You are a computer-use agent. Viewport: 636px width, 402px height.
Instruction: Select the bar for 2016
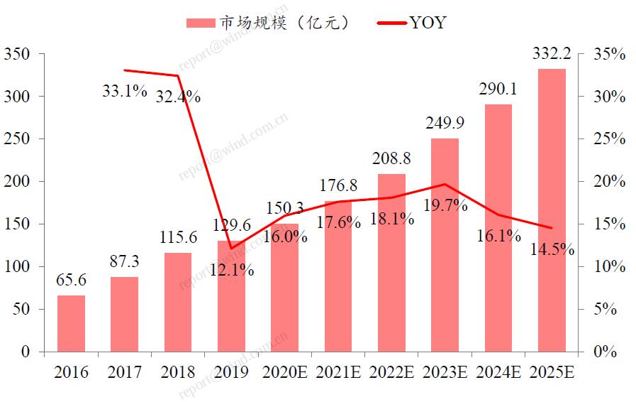click(71, 323)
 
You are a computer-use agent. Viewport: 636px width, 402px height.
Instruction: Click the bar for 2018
click(177, 302)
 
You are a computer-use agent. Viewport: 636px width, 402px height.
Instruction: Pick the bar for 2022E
click(392, 263)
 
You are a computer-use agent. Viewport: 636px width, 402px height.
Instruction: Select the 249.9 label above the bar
click(445, 124)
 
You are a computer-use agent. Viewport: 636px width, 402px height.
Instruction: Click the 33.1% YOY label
click(124, 91)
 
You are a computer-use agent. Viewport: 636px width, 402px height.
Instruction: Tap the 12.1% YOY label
click(232, 271)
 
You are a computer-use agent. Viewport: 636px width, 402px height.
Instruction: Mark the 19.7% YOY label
click(445, 206)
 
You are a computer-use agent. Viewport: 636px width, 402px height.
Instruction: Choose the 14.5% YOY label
click(552, 250)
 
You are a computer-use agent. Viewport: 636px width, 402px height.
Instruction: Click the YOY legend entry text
click(428, 23)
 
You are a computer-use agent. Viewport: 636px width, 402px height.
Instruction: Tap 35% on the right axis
click(610, 54)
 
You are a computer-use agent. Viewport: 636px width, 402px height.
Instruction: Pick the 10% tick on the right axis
click(610, 267)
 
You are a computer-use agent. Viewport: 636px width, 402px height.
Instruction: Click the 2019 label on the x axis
click(230, 372)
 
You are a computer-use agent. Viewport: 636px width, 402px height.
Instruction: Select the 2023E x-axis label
click(445, 372)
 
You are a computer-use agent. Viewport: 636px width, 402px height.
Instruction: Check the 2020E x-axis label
click(285, 372)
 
